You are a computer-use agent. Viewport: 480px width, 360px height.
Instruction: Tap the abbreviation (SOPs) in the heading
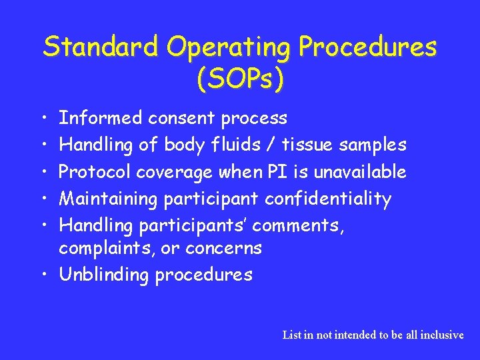point(240,79)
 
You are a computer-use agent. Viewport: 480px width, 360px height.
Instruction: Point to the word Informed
point(100,119)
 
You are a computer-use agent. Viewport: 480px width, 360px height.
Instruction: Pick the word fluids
point(235,145)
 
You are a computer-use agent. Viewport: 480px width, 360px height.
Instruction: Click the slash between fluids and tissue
point(274,145)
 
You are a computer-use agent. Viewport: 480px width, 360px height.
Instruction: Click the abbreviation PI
point(276,172)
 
